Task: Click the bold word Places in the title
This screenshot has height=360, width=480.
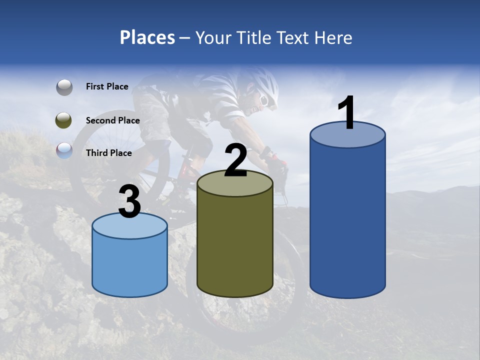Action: [x=147, y=37]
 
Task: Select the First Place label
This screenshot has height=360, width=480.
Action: [x=107, y=86]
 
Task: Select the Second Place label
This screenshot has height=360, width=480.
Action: [x=112, y=120]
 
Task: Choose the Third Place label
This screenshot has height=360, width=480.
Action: [x=108, y=153]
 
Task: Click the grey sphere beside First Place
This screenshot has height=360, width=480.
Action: [x=64, y=87]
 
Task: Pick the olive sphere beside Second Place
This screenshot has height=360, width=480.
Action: [x=64, y=120]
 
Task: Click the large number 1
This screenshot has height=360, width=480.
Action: [x=346, y=113]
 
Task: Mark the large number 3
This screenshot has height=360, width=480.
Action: [x=130, y=201]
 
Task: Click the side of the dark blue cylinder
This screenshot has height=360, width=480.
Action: [x=347, y=220]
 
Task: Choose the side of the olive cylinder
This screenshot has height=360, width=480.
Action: [x=235, y=245]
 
